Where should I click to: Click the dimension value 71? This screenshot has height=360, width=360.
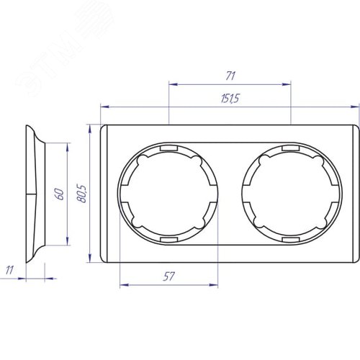pyautogui.click(x=230, y=76)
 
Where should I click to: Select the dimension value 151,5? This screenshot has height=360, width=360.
pyautogui.click(x=230, y=99)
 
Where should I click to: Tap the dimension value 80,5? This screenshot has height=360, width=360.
pyautogui.click(x=81, y=194)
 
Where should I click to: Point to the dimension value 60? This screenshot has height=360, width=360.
pyautogui.click(x=60, y=194)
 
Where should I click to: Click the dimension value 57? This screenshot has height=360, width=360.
pyautogui.click(x=168, y=276)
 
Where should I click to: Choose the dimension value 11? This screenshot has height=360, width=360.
pyautogui.click(x=9, y=270)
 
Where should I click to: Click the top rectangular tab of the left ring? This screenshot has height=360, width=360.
pyautogui.click(x=168, y=148)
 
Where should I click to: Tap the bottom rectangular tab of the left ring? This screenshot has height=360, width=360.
pyautogui.click(x=168, y=240)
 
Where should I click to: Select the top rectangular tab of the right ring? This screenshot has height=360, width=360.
pyautogui.click(x=291, y=148)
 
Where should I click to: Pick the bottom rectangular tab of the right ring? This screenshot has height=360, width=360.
pyautogui.click(x=291, y=240)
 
